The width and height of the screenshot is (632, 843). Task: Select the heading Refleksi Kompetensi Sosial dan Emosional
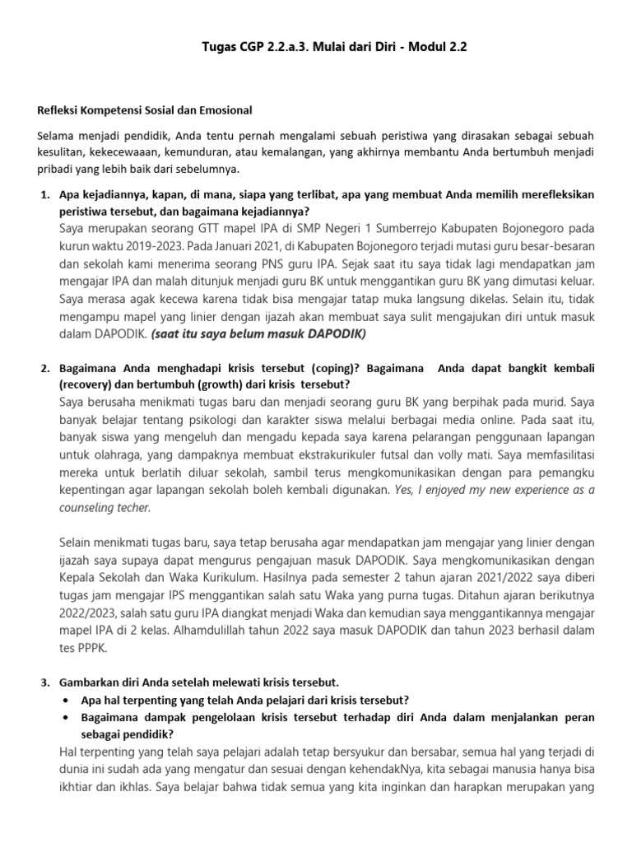[x=145, y=109]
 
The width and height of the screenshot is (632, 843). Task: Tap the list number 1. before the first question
[x=45, y=195]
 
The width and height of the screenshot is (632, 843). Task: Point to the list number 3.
[x=45, y=683]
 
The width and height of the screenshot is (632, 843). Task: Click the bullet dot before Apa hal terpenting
[x=65, y=701]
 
